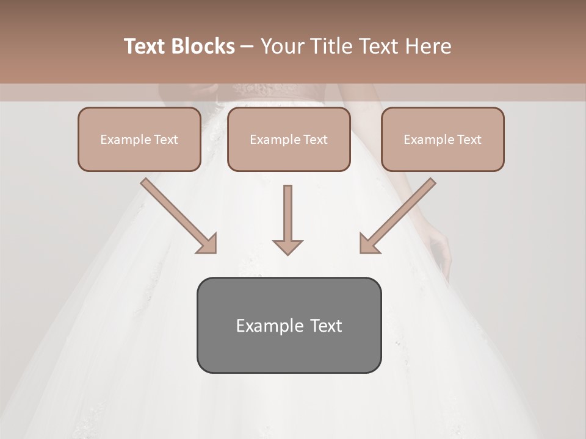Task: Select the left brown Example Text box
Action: (x=139, y=140)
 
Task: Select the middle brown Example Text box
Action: (x=289, y=140)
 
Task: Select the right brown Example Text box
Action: (x=443, y=140)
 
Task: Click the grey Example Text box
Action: (x=289, y=326)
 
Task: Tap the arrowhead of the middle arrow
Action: (x=288, y=246)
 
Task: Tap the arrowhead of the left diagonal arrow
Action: (x=207, y=244)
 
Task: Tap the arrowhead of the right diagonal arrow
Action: (x=369, y=244)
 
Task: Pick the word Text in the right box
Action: (x=468, y=140)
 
